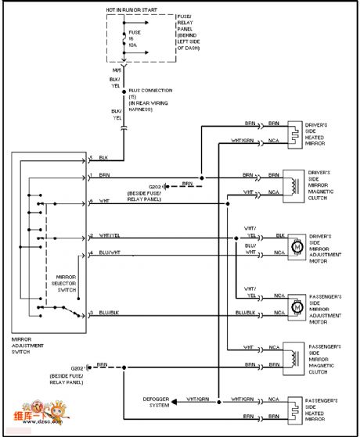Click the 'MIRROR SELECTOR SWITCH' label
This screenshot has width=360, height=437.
67,283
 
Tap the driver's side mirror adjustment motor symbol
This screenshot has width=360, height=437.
296,246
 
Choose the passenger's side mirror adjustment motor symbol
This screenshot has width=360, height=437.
296,306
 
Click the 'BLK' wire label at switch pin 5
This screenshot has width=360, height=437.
103,157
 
